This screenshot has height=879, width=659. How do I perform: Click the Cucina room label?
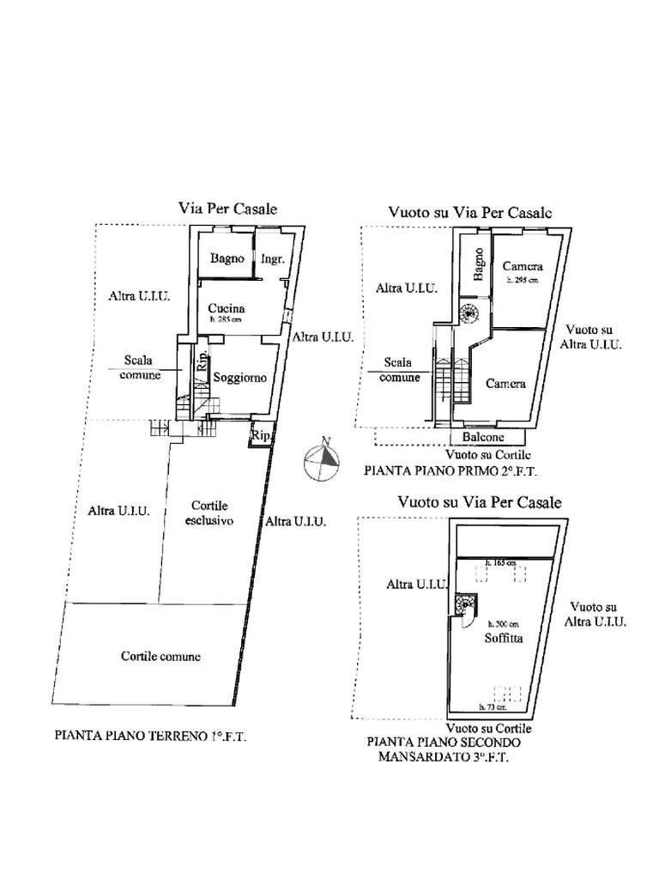tap(227, 308)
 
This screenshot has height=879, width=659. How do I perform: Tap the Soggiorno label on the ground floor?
tap(240, 378)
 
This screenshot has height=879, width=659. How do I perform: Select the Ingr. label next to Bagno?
tap(272, 258)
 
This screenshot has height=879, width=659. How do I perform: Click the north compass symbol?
tap(322, 458)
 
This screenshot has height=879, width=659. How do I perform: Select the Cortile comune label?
tap(160, 656)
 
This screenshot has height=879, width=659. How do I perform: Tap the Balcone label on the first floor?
tap(482, 437)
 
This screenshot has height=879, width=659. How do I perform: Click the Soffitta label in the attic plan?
tap(505, 638)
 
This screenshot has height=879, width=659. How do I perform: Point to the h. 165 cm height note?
tap(501, 562)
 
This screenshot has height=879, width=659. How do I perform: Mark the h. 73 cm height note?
tap(492, 708)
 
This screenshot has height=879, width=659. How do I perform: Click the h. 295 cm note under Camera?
tap(522, 281)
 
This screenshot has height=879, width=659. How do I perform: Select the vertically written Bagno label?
tap(478, 264)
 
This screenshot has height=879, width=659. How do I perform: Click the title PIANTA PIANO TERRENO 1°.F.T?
tap(150, 736)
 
